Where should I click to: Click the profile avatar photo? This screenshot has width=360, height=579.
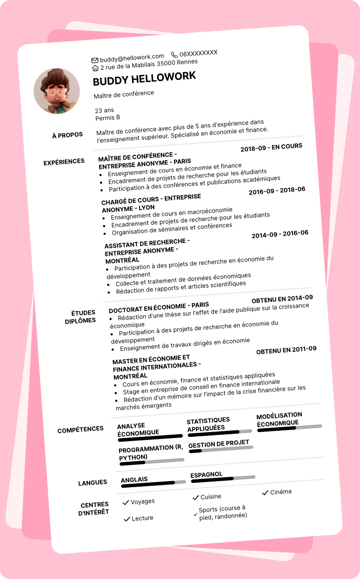(57, 91)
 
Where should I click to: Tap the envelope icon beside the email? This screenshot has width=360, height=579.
(95, 60)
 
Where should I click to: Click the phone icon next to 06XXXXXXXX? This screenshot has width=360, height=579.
(174, 55)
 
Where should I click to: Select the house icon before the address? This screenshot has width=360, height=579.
(96, 68)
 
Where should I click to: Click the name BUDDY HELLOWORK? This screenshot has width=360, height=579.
(144, 79)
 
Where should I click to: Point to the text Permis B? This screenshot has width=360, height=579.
(108, 117)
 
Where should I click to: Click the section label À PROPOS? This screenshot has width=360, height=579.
(67, 135)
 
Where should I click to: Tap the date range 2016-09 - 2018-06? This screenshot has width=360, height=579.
(277, 190)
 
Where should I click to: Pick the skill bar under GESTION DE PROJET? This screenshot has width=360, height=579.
(221, 449)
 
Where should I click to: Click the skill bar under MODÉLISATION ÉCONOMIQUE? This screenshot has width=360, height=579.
(290, 428)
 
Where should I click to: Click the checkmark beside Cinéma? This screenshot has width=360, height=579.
(265, 493)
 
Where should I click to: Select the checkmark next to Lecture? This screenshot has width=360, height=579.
(126, 519)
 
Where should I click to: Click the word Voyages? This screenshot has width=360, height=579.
(143, 501)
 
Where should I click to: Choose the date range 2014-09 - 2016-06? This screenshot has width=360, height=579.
(280, 234)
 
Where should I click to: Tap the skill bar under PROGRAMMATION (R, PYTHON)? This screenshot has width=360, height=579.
(152, 462)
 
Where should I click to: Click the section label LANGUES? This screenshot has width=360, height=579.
(93, 482)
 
